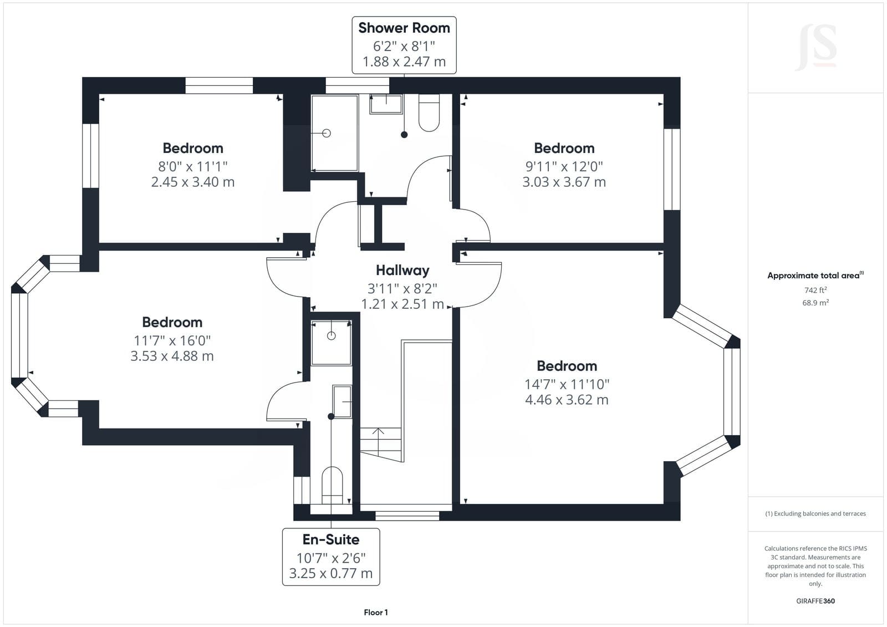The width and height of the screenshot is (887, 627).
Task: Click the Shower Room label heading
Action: pyautogui.click(x=404, y=28)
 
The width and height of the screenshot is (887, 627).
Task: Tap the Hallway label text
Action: pyautogui.click(x=402, y=270)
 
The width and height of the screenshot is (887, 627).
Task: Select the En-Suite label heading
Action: pyautogui.click(x=330, y=539)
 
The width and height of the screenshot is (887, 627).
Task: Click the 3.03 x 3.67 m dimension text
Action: pyautogui.click(x=564, y=182)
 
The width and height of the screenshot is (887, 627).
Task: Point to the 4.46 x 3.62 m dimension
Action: pyautogui.click(x=567, y=400)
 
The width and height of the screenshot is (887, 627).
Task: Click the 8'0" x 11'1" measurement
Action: pyautogui.click(x=193, y=166)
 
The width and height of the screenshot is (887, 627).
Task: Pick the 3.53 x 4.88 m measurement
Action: pyautogui.click(x=172, y=356)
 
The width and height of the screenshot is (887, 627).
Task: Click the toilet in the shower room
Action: pyautogui.click(x=429, y=113)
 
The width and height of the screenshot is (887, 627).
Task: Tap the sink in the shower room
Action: pyautogui.click(x=386, y=104)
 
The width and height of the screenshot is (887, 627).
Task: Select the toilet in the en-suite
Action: pyautogui.click(x=332, y=485)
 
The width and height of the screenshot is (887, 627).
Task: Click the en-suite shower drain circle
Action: pyautogui.click(x=332, y=336)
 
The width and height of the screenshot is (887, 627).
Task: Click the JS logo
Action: pyautogui.click(x=815, y=48)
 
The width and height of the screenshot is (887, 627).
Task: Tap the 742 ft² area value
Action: pyautogui.click(x=815, y=290)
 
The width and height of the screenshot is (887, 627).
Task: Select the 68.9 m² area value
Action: pyautogui.click(x=815, y=303)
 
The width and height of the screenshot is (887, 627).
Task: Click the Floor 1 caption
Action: pyautogui.click(x=376, y=613)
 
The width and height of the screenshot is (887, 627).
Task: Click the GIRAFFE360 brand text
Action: pyautogui.click(x=815, y=601)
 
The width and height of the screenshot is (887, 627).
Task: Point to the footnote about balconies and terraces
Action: pyautogui.click(x=815, y=514)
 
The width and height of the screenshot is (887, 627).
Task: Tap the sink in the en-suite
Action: pyautogui.click(x=342, y=401)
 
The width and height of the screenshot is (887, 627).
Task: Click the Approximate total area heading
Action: pyautogui.click(x=815, y=276)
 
